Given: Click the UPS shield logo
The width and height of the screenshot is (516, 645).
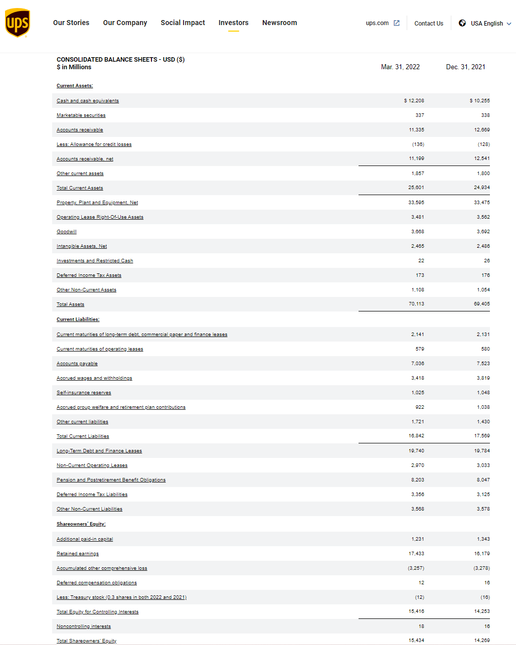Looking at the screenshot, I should [18, 23].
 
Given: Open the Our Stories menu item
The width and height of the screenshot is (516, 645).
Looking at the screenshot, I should [71, 23].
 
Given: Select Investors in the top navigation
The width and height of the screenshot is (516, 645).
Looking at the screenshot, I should [233, 23].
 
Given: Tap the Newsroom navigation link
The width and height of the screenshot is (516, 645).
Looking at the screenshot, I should [279, 23].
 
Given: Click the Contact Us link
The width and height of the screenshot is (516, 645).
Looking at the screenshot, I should [429, 24].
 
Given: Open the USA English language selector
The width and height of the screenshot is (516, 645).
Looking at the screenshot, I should [485, 24].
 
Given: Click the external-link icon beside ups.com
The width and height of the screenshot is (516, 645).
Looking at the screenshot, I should [397, 23].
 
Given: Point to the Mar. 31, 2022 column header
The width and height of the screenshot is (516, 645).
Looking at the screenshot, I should [400, 67].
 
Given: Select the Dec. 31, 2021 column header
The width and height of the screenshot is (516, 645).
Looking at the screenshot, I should [465, 67].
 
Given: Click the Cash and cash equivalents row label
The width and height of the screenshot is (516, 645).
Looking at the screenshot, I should [88, 101].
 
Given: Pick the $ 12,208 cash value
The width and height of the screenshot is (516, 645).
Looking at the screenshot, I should [414, 101].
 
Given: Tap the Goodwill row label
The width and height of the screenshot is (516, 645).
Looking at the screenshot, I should [67, 232].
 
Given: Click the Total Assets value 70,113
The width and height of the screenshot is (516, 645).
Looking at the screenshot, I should [416, 304].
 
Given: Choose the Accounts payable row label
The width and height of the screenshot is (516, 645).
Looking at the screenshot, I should [77, 364].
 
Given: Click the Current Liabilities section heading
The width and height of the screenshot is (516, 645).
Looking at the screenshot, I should [78, 319].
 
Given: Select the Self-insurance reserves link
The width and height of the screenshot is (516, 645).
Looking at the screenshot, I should [84, 393].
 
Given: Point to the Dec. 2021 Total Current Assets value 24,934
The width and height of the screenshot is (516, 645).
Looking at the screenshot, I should [481, 188].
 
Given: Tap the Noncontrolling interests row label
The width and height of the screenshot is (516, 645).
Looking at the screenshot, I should [84, 626].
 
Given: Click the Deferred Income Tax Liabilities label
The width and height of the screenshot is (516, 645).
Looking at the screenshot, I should [92, 495].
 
